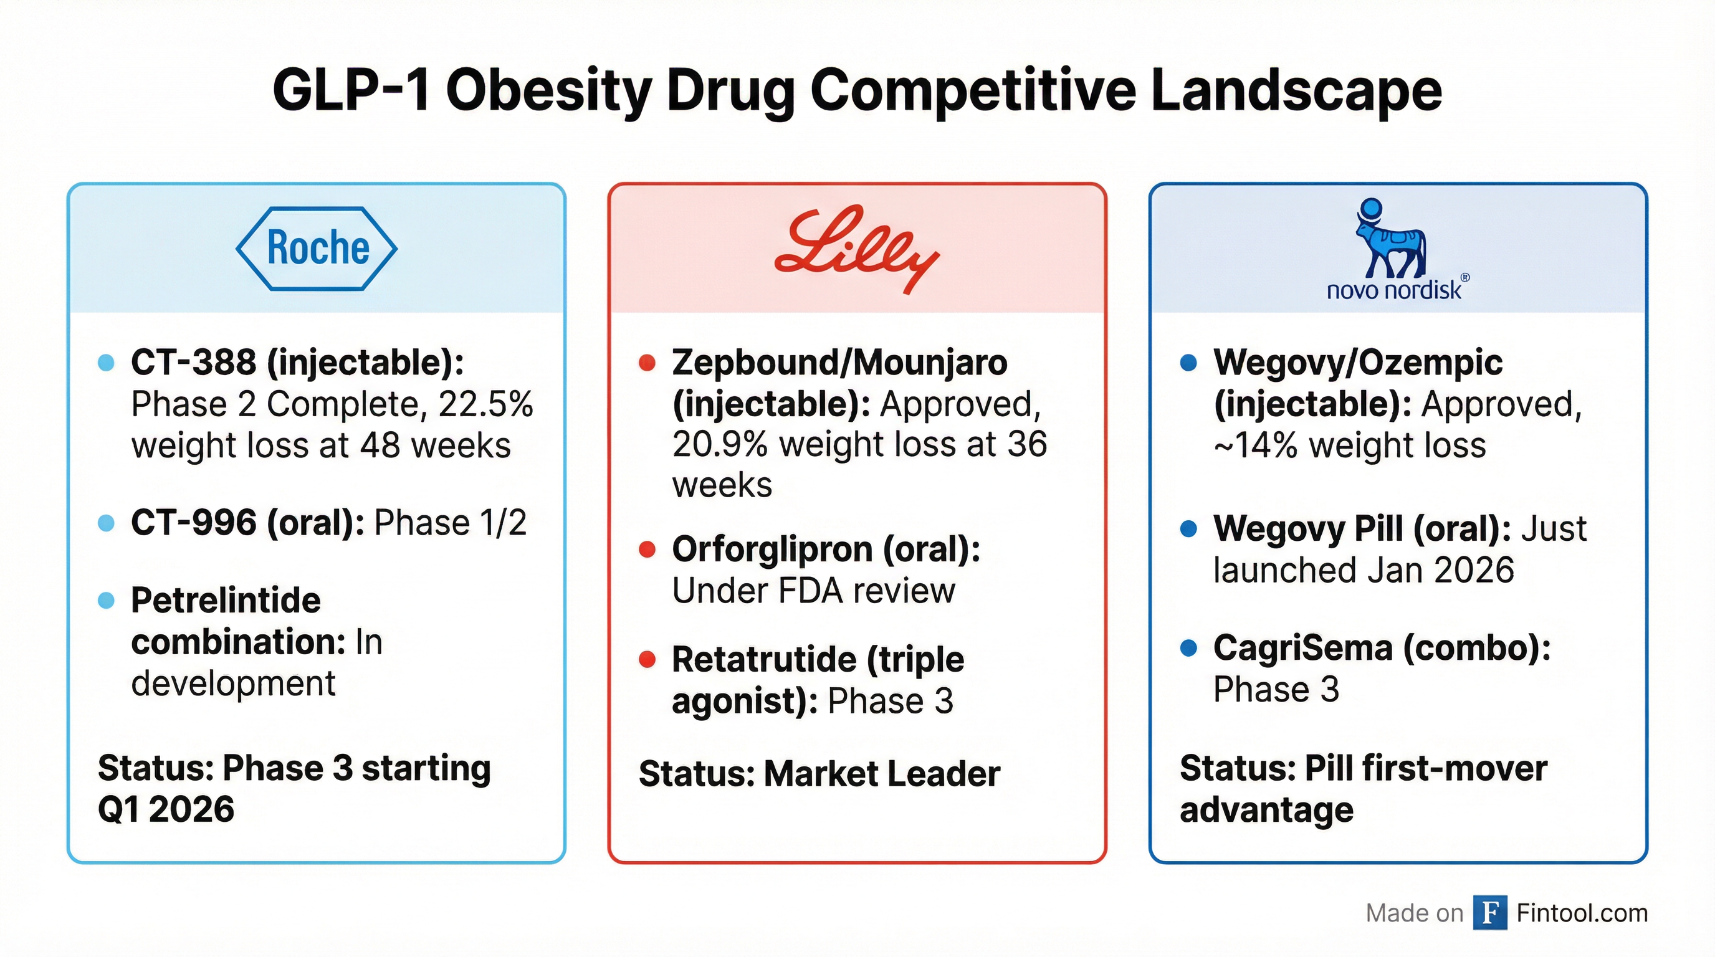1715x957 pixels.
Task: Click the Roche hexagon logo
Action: (x=317, y=248)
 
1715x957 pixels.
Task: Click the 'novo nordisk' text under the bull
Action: (x=1394, y=290)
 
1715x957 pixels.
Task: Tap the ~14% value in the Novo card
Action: (x=1256, y=445)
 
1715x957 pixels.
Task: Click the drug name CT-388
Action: (x=193, y=363)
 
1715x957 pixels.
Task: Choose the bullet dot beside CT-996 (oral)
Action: (x=106, y=523)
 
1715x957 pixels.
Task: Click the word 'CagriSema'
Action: (x=1303, y=647)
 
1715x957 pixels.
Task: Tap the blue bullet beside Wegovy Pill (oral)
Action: (x=1188, y=529)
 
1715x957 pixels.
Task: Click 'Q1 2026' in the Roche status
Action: (x=166, y=809)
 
